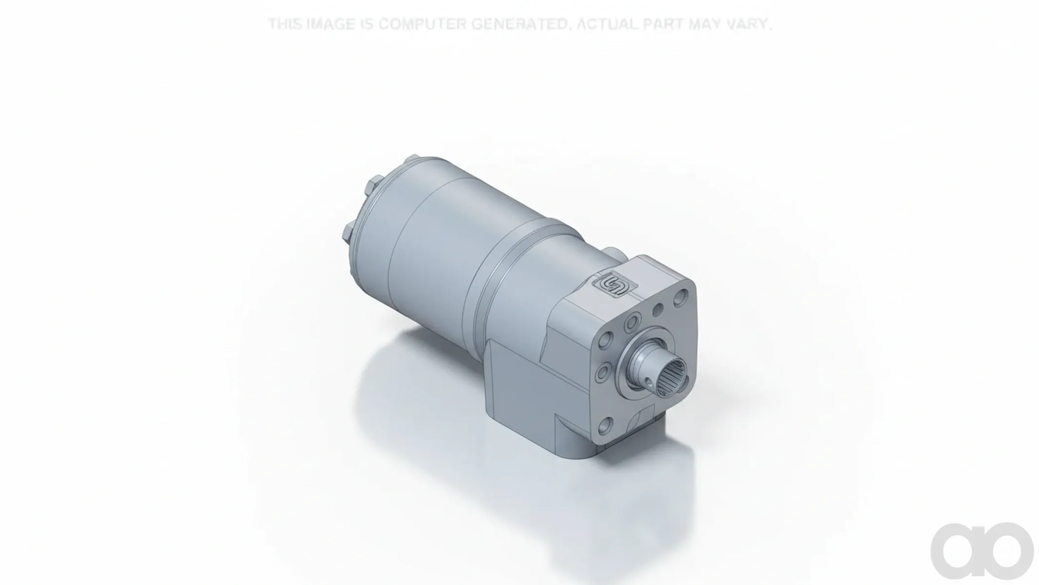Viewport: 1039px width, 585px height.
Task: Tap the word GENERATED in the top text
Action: [x=519, y=23]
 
